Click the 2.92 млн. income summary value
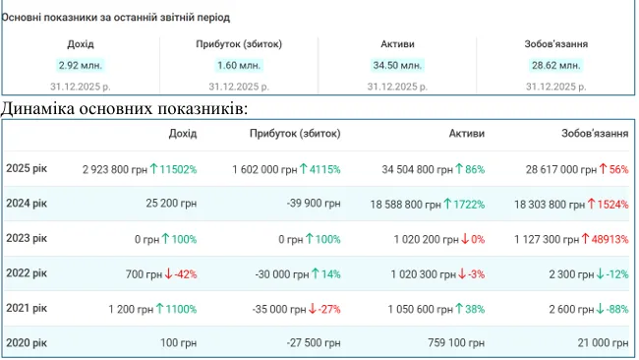tap(81, 65)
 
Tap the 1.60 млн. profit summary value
tap(239, 65)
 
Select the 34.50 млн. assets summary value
tap(397, 65)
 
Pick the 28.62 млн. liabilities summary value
tap(555, 65)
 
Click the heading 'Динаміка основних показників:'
tap(124, 108)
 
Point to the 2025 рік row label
tap(27, 168)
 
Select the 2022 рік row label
tap(27, 273)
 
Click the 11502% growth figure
tap(178, 169)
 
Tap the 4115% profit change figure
tap(324, 169)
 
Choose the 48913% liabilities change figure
tap(610, 239)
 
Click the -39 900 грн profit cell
tap(314, 203)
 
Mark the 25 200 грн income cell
tap(171, 203)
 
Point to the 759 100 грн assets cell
tap(456, 343)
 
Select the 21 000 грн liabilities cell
tap(603, 343)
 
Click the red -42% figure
tap(186, 274)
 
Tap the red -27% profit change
tap(329, 309)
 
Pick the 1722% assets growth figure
tap(469, 204)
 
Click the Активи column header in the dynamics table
tap(467, 134)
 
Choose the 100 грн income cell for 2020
tap(178, 343)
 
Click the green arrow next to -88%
tap(600, 309)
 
